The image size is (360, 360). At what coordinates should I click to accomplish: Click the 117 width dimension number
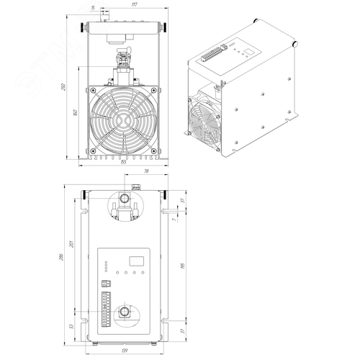pos(125,5)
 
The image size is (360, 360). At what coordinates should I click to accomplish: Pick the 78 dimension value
pos(145,171)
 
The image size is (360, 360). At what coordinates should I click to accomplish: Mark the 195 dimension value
pos(183,268)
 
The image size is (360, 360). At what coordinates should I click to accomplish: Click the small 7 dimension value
pos(183,220)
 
